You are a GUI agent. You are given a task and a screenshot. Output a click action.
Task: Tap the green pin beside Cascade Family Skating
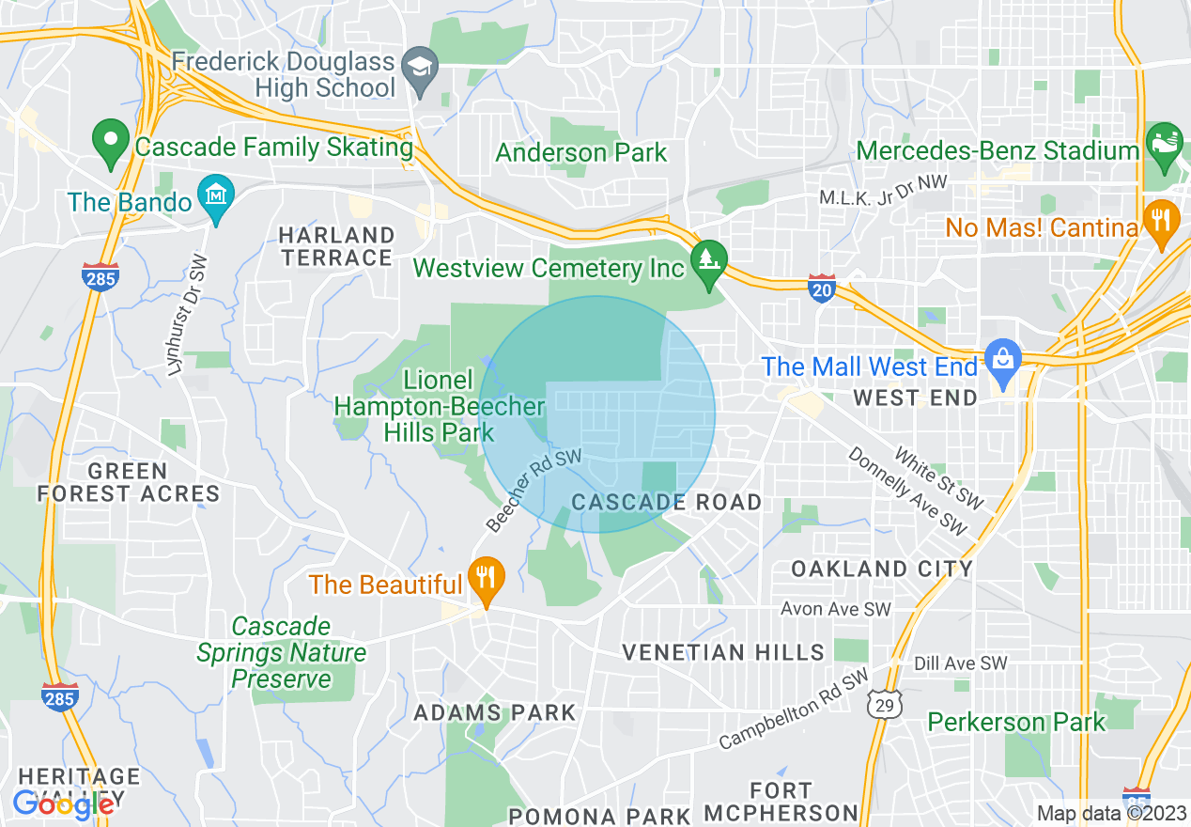[x=111, y=143]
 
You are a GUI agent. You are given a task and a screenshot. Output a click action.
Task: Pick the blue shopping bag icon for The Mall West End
[x=1003, y=361]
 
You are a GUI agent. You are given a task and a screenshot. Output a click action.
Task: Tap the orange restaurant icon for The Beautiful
[x=486, y=579]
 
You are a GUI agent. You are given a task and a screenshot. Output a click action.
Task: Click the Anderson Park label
[x=580, y=152]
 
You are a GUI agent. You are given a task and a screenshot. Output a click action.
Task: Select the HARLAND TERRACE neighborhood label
[x=336, y=246]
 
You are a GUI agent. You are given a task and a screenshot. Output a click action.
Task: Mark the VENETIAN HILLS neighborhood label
[x=723, y=651]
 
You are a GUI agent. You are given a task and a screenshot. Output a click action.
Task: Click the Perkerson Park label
[x=1016, y=722]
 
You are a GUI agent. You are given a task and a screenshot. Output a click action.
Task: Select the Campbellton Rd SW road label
[x=794, y=710]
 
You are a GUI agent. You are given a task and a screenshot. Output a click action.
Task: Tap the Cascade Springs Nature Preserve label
[x=281, y=652]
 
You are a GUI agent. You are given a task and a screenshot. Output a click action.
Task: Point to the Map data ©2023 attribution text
[x=1110, y=814]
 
